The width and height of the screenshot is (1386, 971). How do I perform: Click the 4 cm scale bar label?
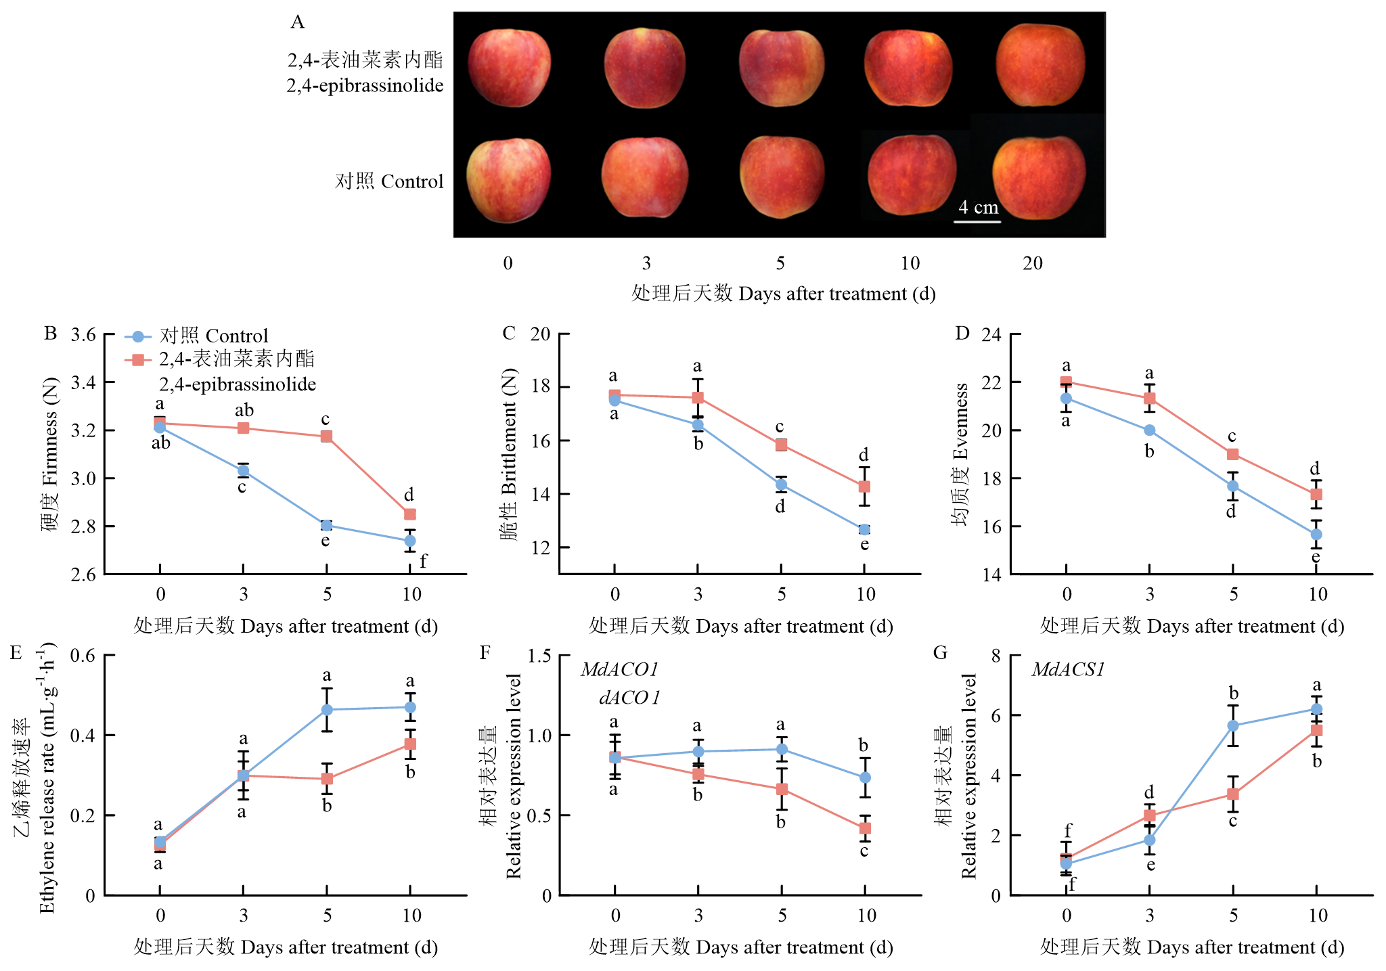click(978, 208)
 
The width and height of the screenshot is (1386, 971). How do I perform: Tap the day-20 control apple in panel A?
click(1039, 178)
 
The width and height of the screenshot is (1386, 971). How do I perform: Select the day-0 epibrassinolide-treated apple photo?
click(509, 67)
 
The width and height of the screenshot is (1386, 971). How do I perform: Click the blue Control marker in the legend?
click(138, 336)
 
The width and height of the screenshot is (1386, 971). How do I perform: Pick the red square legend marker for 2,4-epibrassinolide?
click(138, 359)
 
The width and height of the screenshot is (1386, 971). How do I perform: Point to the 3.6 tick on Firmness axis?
click(83, 335)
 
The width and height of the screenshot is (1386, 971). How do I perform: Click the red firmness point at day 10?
click(409, 514)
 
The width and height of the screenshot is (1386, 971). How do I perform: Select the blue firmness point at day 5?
click(326, 525)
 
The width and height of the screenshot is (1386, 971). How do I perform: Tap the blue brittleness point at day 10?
click(864, 529)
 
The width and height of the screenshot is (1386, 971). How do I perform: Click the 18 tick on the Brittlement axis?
click(540, 387)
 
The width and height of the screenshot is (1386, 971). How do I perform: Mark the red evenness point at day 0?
click(1066, 382)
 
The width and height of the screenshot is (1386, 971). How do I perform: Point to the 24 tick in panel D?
click(991, 335)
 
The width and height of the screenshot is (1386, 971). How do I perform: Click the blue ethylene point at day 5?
click(327, 710)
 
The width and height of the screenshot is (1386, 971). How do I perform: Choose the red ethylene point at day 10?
click(410, 744)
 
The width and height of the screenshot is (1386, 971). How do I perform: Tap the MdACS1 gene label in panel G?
click(1068, 670)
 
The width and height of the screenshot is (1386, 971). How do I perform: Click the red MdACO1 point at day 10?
click(865, 828)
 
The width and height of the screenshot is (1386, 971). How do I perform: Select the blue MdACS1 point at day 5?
click(1233, 725)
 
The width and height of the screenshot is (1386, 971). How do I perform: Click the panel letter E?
click(16, 653)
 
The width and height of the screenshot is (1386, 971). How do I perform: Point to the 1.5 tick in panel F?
click(540, 656)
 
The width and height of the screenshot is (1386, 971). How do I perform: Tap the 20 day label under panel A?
click(1033, 263)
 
